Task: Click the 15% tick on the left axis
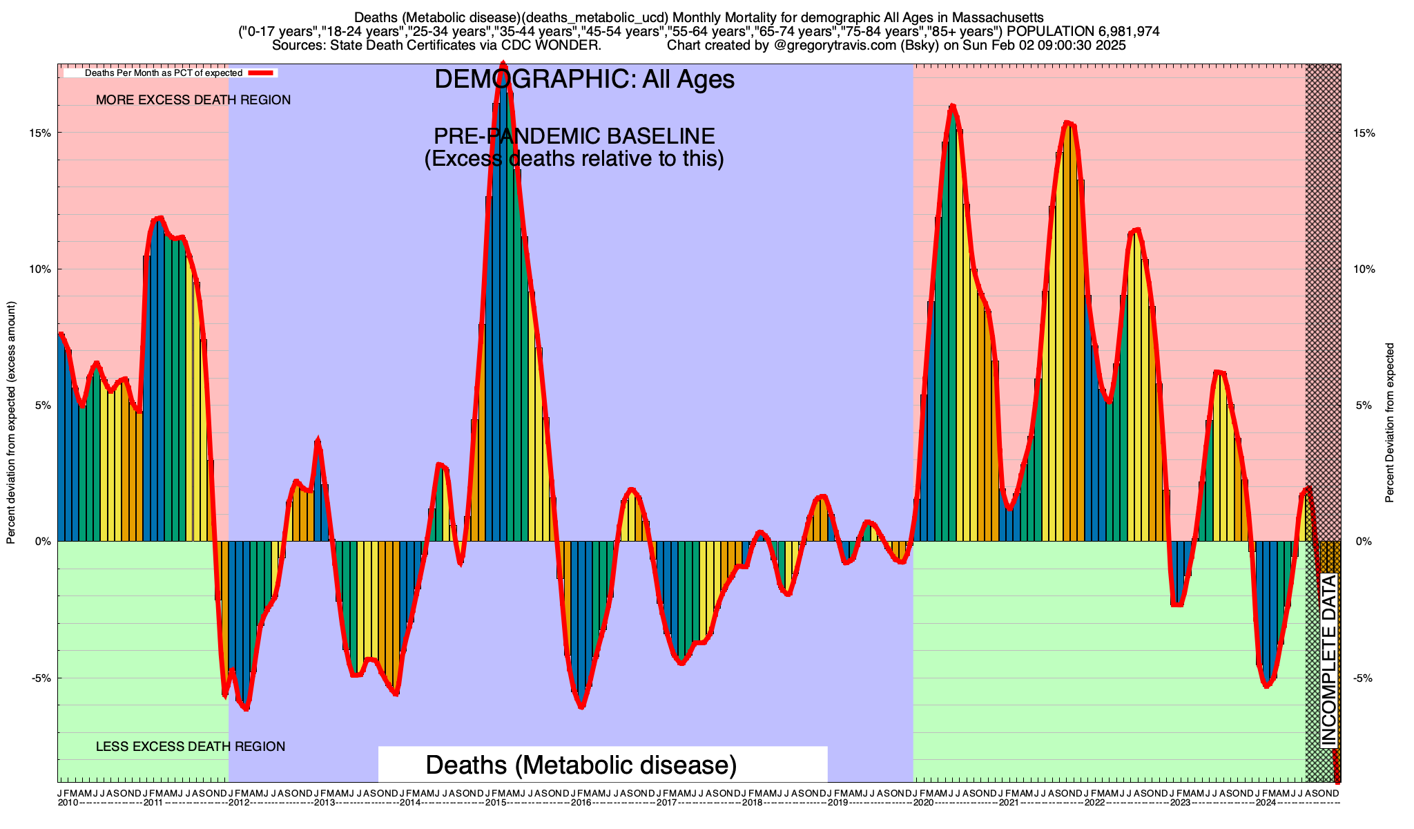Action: (43, 133)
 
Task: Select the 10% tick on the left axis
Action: (43, 269)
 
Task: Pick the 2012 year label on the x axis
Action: (239, 803)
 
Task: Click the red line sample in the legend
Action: (262, 73)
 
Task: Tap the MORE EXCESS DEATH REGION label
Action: (193, 100)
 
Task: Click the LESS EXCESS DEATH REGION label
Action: (191, 746)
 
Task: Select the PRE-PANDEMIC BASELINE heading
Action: (574, 136)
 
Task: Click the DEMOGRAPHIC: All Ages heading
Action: (584, 79)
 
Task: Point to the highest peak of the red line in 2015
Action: (503, 64)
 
